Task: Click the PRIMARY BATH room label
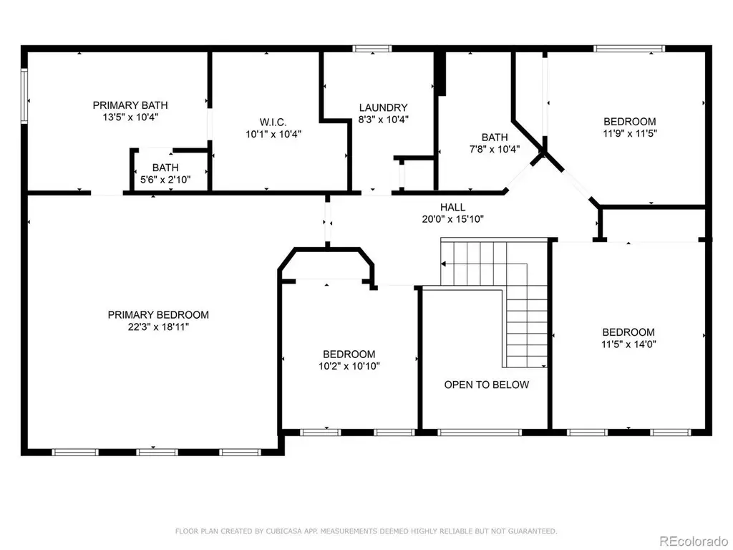(130, 105)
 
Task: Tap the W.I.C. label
(273, 122)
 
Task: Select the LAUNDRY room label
(384, 107)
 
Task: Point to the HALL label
(452, 207)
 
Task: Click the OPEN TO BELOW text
(487, 385)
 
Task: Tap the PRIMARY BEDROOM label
(158, 315)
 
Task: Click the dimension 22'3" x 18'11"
(158, 327)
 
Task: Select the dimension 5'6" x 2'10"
(165, 180)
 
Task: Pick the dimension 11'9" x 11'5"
(630, 133)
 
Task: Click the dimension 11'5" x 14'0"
(628, 344)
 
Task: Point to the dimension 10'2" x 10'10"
(349, 366)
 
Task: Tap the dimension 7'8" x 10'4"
(495, 149)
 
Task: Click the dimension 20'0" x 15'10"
(452, 219)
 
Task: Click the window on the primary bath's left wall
(24, 96)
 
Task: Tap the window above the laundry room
(372, 48)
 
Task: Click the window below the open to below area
(479, 433)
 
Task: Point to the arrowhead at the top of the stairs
(443, 264)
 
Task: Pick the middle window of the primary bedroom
(157, 453)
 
